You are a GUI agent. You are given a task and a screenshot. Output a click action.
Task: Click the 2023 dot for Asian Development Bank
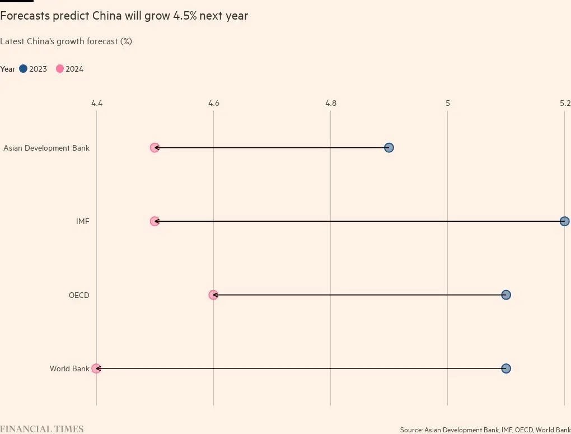[x=389, y=148]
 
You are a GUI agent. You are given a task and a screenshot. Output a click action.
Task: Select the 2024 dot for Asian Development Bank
[x=155, y=148]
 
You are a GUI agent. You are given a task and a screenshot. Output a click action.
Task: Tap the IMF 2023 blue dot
[x=564, y=221]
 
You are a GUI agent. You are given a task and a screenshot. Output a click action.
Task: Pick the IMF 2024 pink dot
[x=155, y=221]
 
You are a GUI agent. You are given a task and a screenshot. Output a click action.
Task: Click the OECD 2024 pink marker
[x=213, y=295]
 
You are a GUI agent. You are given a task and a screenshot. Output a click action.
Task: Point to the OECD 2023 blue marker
[x=506, y=295]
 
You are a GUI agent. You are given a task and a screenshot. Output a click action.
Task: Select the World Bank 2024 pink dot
[x=96, y=368]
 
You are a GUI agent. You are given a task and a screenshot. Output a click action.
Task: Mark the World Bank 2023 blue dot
[x=506, y=368]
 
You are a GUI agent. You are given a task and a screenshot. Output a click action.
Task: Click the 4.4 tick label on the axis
[x=97, y=103]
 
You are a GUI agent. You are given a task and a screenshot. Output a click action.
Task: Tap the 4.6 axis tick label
[x=214, y=103]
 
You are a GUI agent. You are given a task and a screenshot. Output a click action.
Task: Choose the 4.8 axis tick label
[x=331, y=103]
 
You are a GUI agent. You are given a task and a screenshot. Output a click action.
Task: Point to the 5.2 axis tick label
[x=564, y=103]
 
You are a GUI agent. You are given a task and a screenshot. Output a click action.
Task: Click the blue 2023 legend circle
[x=23, y=69]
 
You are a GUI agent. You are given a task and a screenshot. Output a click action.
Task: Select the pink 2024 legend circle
[x=60, y=69]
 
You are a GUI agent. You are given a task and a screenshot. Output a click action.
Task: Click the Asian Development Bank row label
[x=46, y=148]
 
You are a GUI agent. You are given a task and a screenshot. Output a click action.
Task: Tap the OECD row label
[x=79, y=295]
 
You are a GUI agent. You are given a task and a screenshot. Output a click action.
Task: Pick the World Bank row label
[x=69, y=369]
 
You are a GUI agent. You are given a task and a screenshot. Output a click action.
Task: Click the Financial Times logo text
[x=42, y=429]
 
